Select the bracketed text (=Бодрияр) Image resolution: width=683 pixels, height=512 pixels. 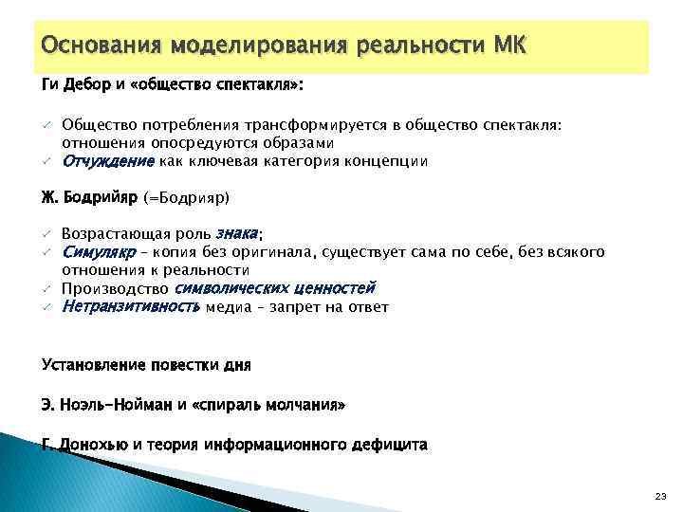tap(187, 198)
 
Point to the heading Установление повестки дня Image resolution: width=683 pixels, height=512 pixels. tap(146, 364)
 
